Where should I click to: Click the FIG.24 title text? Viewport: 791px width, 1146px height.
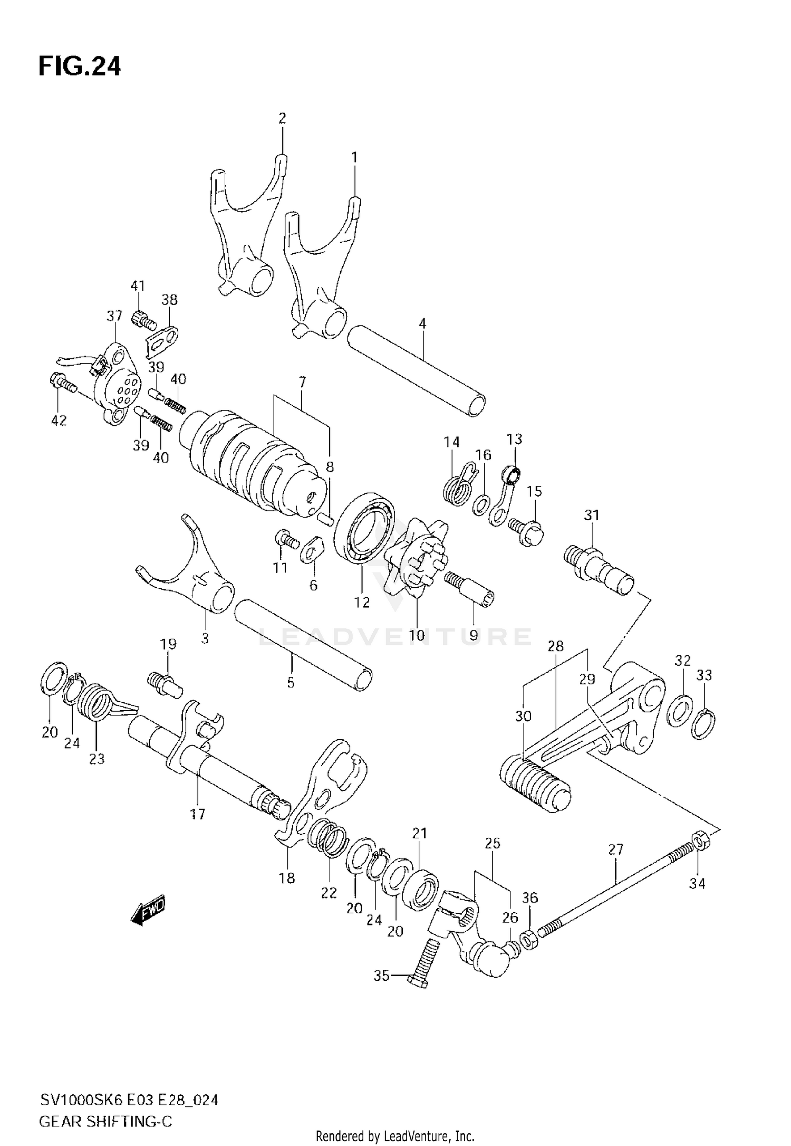tap(80, 67)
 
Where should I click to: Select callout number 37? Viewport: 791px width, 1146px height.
tap(114, 316)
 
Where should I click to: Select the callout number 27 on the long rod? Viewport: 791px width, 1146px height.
tap(615, 849)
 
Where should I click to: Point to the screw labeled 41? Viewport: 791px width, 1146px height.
tap(143, 318)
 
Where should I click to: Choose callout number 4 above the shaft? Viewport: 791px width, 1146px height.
tap(422, 323)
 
